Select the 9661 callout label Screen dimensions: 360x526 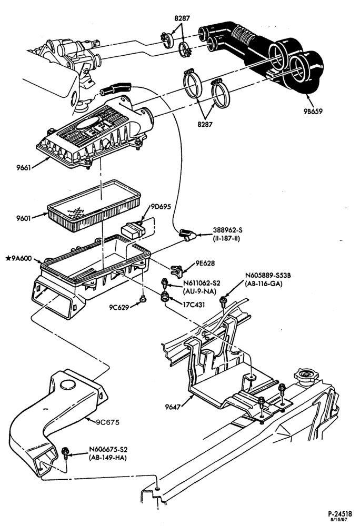click(x=24, y=167)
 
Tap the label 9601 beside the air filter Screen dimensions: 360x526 click(x=24, y=218)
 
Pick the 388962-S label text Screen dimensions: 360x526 click(x=228, y=230)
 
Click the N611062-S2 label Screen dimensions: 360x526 click(x=202, y=283)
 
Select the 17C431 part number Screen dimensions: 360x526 click(x=194, y=305)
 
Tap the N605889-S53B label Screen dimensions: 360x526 click(x=268, y=276)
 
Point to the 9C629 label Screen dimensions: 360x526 click(x=119, y=307)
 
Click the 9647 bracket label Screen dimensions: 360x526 click(x=173, y=407)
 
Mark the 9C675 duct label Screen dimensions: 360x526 click(x=107, y=422)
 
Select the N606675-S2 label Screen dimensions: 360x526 click(x=108, y=450)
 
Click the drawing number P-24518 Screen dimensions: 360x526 click(x=340, y=513)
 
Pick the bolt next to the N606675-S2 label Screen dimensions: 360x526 click(x=65, y=453)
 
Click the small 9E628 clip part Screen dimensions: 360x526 click(x=176, y=270)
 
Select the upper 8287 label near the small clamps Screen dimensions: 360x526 click(x=182, y=18)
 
